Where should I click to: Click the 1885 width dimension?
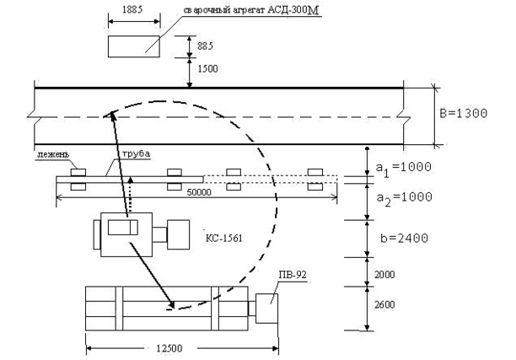132,9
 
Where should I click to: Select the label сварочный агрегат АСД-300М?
251,10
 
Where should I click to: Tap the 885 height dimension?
205,46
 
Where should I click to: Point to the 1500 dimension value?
207,69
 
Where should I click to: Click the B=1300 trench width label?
464,114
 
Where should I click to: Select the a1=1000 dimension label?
404,168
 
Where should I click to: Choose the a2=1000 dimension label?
404,198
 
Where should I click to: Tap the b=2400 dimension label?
404,238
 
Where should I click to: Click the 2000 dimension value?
384,275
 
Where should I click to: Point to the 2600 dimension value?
384,304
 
